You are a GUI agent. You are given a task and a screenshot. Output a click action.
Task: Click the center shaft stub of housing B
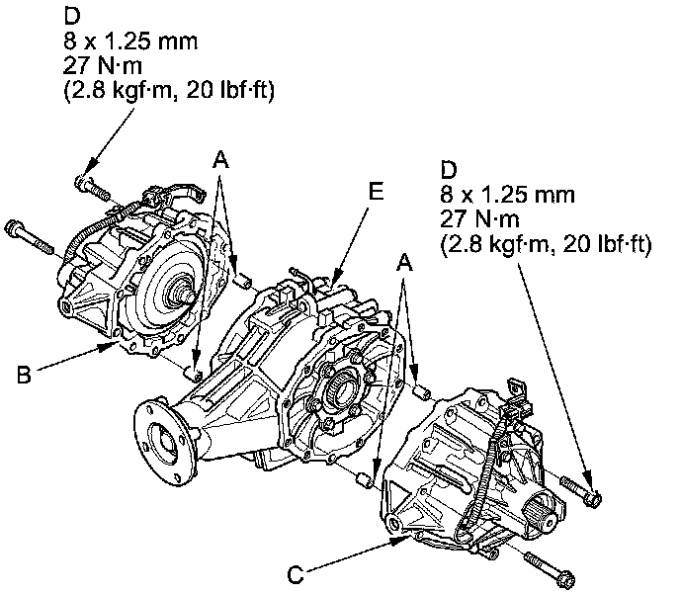click(183, 292)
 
